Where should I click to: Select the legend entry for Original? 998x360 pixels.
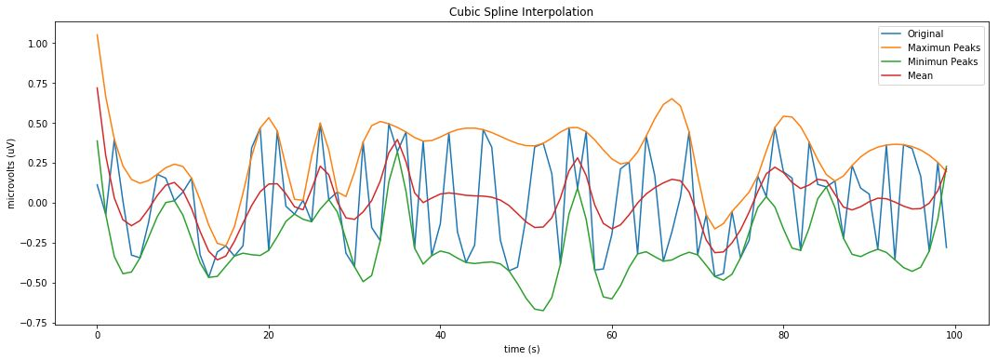point(925,34)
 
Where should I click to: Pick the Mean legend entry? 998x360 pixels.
point(920,76)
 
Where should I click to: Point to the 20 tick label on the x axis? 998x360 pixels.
point(268,334)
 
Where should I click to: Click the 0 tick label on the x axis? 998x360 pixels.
point(97,334)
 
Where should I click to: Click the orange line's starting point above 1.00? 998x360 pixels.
point(97,35)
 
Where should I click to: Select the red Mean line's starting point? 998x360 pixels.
point(97,88)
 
